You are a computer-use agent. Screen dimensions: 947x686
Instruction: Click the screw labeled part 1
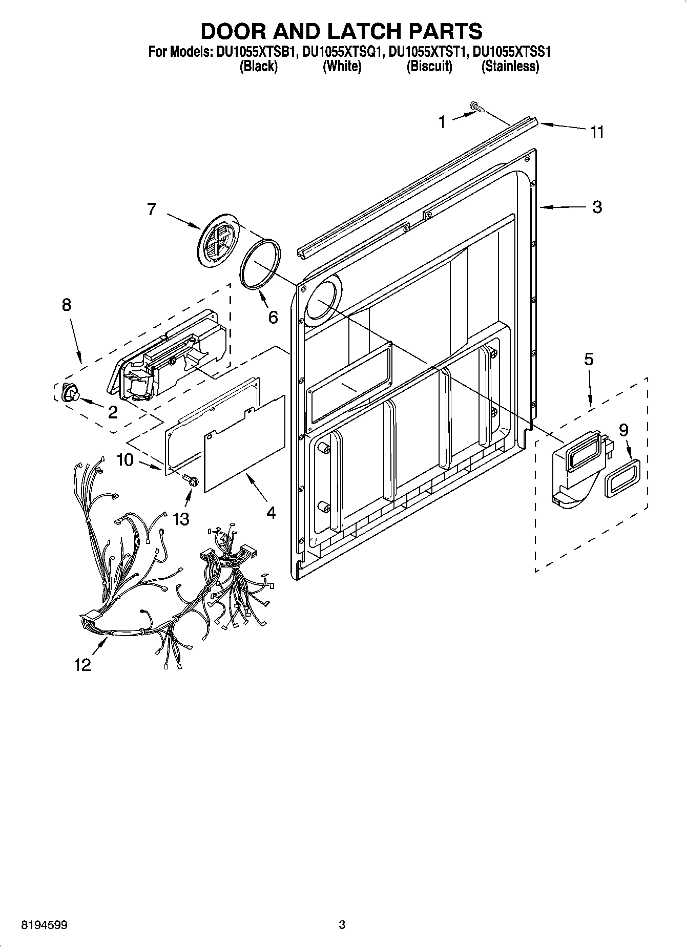477,107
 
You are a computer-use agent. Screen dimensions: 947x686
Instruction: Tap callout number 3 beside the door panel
597,207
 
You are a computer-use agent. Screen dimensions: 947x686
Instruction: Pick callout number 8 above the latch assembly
66,305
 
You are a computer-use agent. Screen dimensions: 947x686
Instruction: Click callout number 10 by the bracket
125,459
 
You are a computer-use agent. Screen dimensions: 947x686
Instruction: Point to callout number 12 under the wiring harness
82,664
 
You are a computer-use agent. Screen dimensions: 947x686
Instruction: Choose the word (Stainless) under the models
510,67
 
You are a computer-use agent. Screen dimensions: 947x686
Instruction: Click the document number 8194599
45,924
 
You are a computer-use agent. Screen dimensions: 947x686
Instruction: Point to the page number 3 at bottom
342,924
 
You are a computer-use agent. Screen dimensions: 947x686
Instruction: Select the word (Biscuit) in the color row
429,67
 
